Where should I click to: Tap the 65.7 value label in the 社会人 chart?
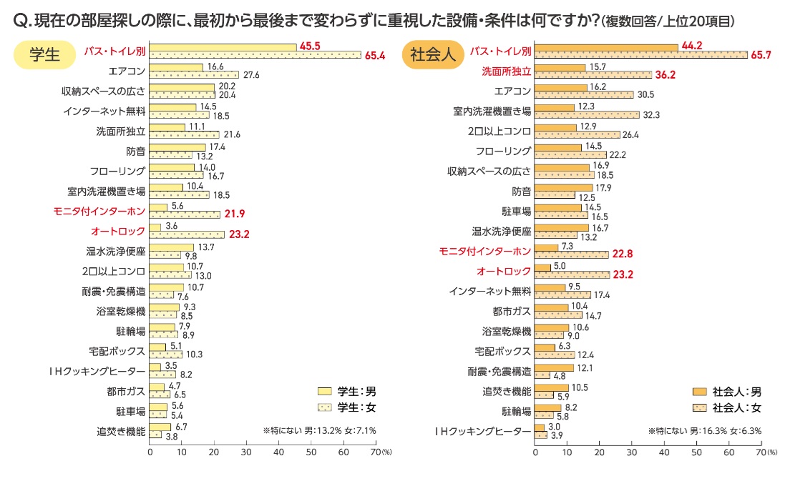click(x=762, y=55)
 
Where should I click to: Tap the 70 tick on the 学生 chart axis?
click(x=375, y=452)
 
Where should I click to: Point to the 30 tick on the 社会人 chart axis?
click(x=632, y=452)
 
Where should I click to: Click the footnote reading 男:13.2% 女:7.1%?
click(x=319, y=430)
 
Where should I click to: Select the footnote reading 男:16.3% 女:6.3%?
click(x=705, y=430)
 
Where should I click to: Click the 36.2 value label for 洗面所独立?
click(x=665, y=75)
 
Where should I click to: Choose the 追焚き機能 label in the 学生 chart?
click(x=121, y=431)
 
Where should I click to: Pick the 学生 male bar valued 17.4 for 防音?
click(x=178, y=147)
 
